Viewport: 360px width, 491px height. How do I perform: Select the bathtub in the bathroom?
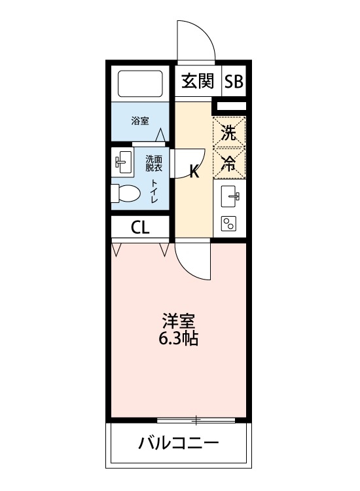coord(139,84)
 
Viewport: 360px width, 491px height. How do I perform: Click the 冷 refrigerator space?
coord(229,164)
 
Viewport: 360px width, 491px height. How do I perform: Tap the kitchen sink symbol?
coord(230,195)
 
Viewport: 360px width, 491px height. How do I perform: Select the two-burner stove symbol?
coord(229,223)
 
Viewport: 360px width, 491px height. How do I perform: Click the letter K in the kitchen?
coord(194,172)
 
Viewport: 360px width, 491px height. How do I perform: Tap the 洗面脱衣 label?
coord(154,162)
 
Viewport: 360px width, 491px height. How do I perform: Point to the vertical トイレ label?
coord(154,192)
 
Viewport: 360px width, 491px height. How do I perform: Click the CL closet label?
coord(140,228)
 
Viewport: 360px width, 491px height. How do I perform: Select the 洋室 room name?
coord(179,321)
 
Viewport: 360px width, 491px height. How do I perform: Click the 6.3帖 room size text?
coord(179,339)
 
